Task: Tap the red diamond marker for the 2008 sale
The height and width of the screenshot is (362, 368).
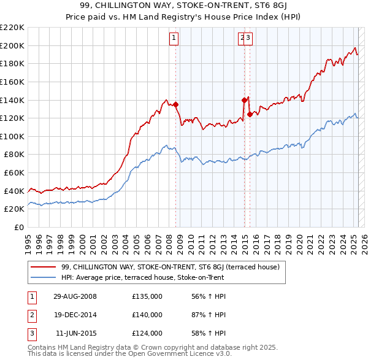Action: click(x=176, y=104)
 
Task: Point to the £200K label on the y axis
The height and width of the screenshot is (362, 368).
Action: click(x=12, y=45)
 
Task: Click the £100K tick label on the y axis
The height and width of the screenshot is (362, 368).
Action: click(x=12, y=136)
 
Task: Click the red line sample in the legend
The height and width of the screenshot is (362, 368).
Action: click(x=44, y=267)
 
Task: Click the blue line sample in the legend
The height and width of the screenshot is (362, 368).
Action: click(x=44, y=277)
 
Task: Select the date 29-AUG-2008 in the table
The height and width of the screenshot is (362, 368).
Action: click(x=75, y=296)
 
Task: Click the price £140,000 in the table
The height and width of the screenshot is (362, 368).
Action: click(x=147, y=315)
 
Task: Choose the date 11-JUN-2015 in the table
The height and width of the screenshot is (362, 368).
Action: click(x=75, y=333)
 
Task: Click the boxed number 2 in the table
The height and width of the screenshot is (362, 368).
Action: click(x=31, y=315)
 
